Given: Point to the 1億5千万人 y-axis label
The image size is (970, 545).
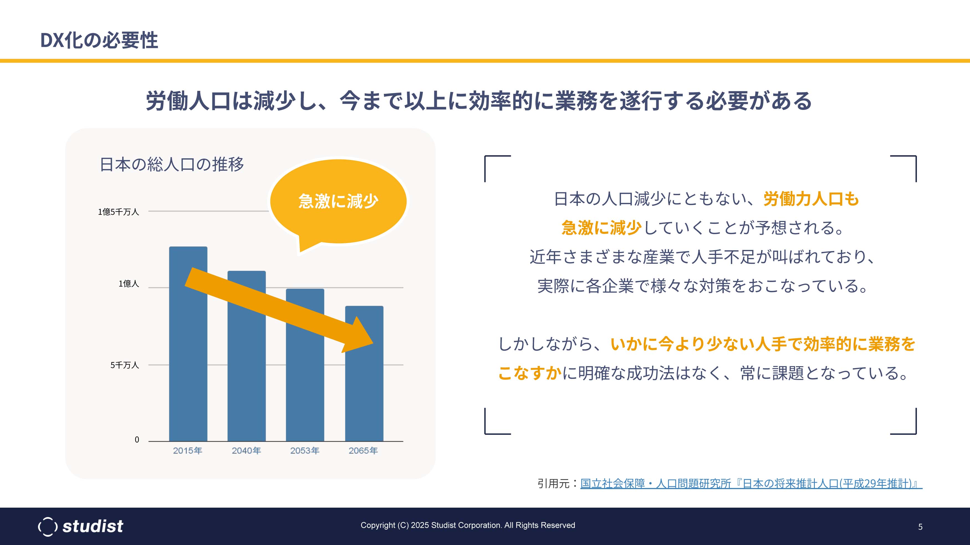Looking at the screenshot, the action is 119,212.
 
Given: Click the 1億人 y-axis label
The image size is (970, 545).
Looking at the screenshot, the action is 129,284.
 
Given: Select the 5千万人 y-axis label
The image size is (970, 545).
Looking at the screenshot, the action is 125,365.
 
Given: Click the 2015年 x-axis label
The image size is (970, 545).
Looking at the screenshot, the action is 188,451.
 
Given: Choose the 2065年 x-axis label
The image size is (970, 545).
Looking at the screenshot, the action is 363,451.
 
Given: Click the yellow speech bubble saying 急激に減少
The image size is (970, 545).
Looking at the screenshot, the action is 338,202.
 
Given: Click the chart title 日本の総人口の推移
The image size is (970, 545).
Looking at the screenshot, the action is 172,164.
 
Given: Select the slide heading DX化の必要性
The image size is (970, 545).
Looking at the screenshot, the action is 99,40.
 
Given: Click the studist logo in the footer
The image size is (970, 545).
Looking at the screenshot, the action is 81,526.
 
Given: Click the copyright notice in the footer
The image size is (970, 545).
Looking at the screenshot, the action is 468,525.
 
